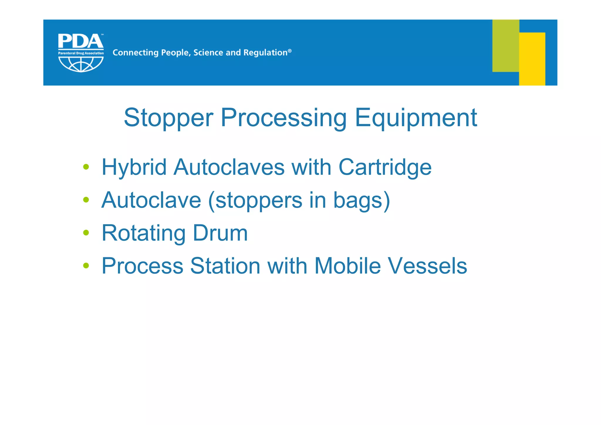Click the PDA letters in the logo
pyautogui.click(x=80, y=42)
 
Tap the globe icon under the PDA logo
pyautogui.click(x=81, y=64)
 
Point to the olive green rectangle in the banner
pyautogui.click(x=505, y=46)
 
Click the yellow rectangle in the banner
pyautogui.click(x=532, y=59)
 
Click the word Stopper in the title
pyautogui.click(x=168, y=118)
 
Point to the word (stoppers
pyautogui.click(x=255, y=201)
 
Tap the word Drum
pyautogui.click(x=220, y=233)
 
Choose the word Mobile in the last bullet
pyautogui.click(x=347, y=266)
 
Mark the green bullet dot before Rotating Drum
pyautogui.click(x=86, y=233)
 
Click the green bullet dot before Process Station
pyautogui.click(x=86, y=266)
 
